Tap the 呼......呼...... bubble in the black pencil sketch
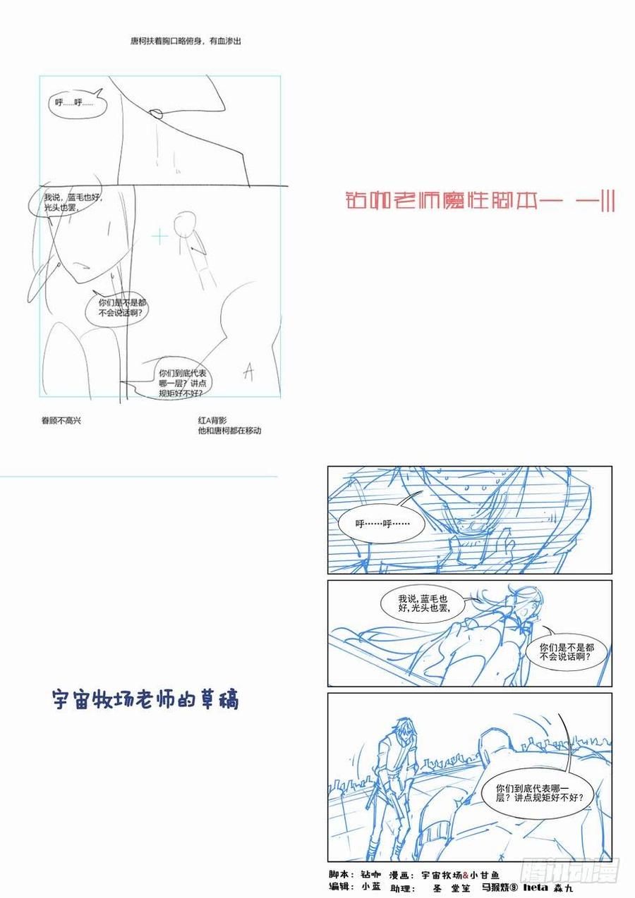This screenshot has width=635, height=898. tap(74, 103)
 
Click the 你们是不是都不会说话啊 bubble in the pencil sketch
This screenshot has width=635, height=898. tap(116, 307)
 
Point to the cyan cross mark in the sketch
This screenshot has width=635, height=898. tap(161, 236)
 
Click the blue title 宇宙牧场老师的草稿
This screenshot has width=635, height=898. tap(146, 699)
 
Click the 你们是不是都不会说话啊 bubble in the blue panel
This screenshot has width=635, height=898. tap(565, 651)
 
